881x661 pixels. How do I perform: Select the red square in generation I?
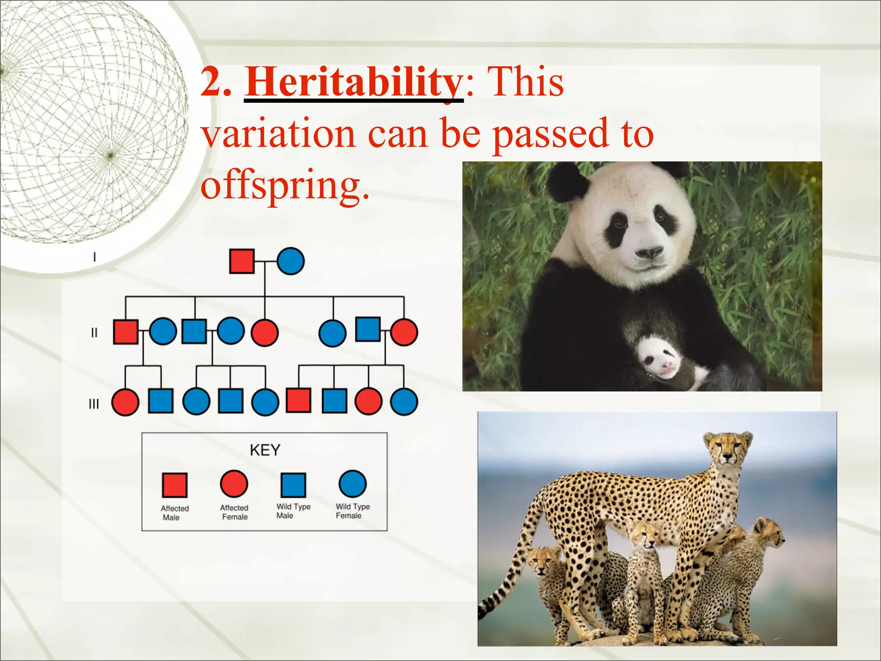(x=242, y=261)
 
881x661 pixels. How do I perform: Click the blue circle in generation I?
(x=290, y=261)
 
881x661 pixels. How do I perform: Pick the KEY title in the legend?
(x=265, y=450)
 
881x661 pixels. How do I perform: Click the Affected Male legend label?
(x=174, y=513)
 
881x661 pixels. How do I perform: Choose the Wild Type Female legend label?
(x=352, y=511)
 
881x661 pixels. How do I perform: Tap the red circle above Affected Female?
(x=234, y=484)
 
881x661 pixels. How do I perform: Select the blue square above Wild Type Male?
(x=293, y=485)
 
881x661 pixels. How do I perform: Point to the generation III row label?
(x=93, y=404)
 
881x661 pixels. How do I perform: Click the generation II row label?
(x=94, y=333)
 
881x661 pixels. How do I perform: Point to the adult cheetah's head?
(x=727, y=449)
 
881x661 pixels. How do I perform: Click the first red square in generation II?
(x=126, y=332)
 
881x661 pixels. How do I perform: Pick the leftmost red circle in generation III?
(x=125, y=402)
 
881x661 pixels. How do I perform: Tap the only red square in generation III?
(x=299, y=401)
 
